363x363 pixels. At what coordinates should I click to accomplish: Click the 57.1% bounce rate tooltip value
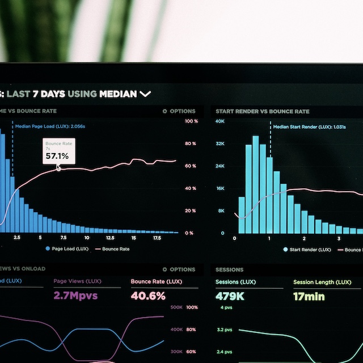(x=57, y=156)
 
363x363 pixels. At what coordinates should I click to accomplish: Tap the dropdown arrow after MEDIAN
(x=146, y=94)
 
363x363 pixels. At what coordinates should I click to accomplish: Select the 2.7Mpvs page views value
(x=76, y=296)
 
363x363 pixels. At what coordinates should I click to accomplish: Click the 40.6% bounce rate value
(x=148, y=296)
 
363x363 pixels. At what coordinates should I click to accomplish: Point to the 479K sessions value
(x=230, y=296)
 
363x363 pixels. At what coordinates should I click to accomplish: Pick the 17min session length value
(x=309, y=296)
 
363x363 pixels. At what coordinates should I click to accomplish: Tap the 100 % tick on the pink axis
(x=191, y=121)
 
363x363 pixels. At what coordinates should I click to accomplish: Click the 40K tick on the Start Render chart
(x=220, y=121)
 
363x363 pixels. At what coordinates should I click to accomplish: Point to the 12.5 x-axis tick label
(x=110, y=238)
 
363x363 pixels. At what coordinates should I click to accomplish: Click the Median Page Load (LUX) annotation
(x=50, y=126)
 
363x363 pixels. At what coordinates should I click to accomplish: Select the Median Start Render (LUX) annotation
(x=309, y=127)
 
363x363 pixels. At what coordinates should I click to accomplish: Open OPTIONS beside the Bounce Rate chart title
(x=179, y=111)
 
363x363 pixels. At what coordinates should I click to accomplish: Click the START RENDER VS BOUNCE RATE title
(x=263, y=111)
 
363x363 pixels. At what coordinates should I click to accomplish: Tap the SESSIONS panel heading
(x=229, y=269)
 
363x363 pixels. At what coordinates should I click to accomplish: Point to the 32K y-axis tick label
(x=220, y=144)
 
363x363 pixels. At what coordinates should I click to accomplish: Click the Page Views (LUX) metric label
(x=78, y=281)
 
